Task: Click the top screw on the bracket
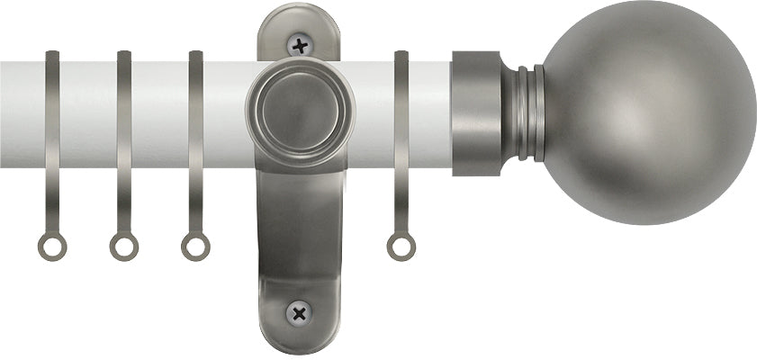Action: pyautogui.click(x=298, y=42)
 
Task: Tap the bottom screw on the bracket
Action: pyautogui.click(x=298, y=312)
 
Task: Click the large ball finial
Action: pyautogui.click(x=648, y=99)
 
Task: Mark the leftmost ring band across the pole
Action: pyautogui.click(x=52, y=112)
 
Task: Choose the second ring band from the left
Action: pyautogui.click(x=124, y=112)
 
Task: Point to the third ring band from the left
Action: pyautogui.click(x=195, y=112)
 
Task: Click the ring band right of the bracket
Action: pyautogui.click(x=401, y=112)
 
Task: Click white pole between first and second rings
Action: pyautogui.click(x=88, y=112)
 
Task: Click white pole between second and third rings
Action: pyautogui.click(x=160, y=112)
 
